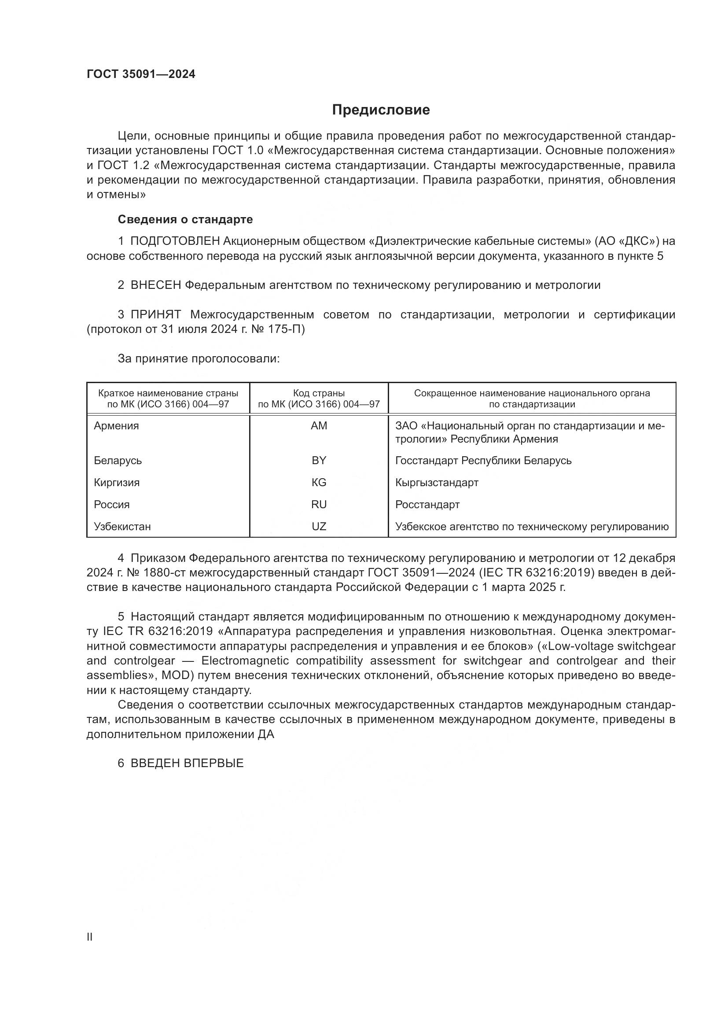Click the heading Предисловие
(381, 110)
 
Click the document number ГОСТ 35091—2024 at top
(141, 74)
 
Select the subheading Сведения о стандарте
(185, 219)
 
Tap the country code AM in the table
(319, 426)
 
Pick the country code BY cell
(319, 461)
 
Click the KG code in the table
(319, 483)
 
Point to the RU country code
(319, 505)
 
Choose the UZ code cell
(319, 527)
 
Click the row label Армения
(116, 426)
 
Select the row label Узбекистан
(122, 527)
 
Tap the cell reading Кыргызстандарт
(437, 483)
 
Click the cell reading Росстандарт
(427, 505)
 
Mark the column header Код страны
(319, 393)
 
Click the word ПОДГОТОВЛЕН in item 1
(175, 241)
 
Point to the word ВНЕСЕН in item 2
(155, 285)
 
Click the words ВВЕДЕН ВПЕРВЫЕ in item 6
(187, 763)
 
